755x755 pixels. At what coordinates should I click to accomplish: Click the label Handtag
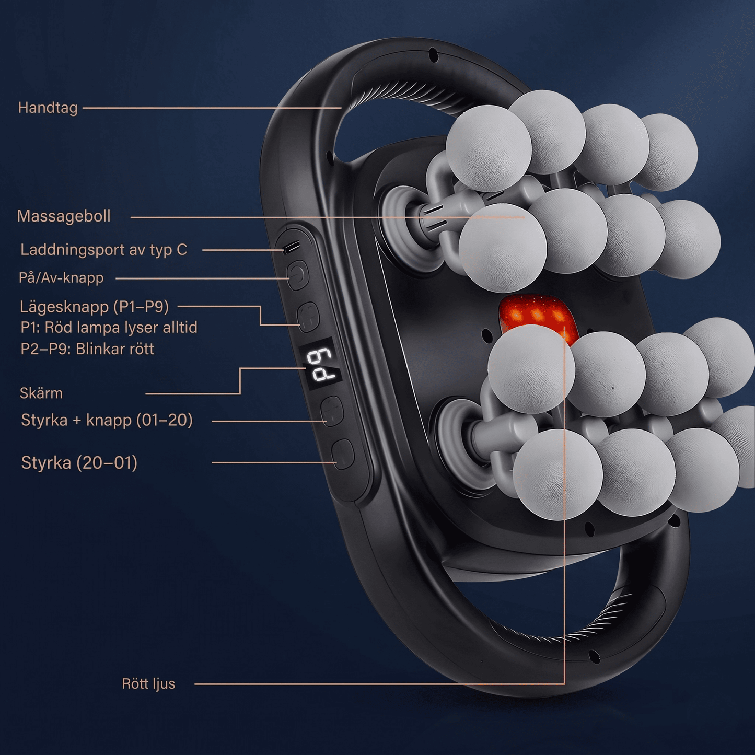coord(48,108)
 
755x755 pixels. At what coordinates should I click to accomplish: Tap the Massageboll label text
coord(64,216)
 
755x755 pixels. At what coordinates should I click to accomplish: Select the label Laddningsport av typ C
coord(104,250)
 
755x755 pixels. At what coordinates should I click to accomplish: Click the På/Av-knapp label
coord(61,278)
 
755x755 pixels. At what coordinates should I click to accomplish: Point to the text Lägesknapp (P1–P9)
coord(95,307)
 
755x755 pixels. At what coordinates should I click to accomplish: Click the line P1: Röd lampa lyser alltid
coord(109,328)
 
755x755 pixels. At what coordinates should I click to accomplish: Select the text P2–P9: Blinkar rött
coord(87,349)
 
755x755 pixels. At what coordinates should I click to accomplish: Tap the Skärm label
coord(41,393)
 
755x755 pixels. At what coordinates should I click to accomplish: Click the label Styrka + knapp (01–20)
coord(107,420)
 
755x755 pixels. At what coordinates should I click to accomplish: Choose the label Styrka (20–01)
coord(79,463)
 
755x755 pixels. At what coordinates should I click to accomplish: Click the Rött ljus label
coord(148,684)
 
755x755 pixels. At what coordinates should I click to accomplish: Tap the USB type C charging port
coord(292,247)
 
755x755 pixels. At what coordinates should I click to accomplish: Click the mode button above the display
coord(308,317)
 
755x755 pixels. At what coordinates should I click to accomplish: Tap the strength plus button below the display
coord(332,411)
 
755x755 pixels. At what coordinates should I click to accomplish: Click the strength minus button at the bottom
coord(342,454)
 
